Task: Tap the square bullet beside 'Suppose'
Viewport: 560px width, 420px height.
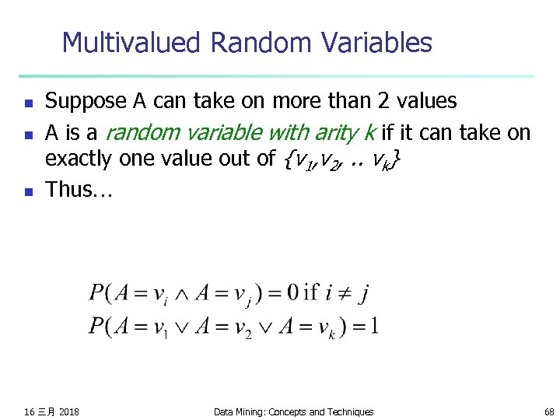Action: (x=28, y=103)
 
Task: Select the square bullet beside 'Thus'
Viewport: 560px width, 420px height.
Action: (x=28, y=191)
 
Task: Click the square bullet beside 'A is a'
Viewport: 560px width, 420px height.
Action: (x=28, y=133)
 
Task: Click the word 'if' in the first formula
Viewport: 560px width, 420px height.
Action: (x=311, y=292)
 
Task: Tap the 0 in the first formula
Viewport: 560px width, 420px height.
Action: (x=292, y=292)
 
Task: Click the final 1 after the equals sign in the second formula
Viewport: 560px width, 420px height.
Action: (x=374, y=324)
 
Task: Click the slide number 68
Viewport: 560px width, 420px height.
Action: (x=550, y=411)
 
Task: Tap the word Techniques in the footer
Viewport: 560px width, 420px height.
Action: (x=349, y=411)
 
